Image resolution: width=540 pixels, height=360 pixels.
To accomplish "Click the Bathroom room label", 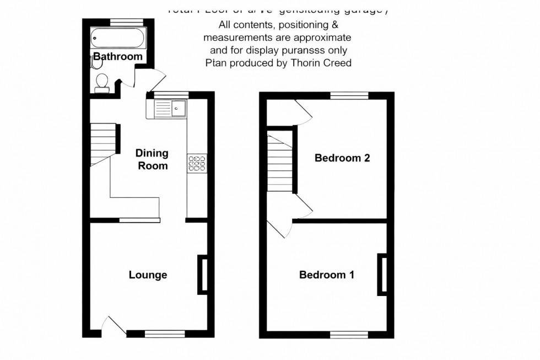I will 117,56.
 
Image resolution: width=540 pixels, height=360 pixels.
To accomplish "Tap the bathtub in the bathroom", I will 117,39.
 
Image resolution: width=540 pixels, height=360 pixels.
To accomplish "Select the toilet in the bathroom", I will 101,82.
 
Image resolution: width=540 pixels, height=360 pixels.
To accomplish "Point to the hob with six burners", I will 197,164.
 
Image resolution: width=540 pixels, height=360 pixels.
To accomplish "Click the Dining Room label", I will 152,159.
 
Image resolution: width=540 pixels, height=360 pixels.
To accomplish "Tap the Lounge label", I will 148,275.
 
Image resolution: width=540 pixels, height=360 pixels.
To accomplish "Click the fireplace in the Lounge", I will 203,274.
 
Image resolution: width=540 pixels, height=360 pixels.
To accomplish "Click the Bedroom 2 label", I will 342,158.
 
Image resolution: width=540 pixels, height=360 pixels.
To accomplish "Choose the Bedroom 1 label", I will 326,275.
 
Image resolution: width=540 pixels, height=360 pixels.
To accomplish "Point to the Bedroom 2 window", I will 349,95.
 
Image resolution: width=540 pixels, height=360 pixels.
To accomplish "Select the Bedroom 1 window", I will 349,334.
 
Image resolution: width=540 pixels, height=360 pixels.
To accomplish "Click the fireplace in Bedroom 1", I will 381,274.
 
